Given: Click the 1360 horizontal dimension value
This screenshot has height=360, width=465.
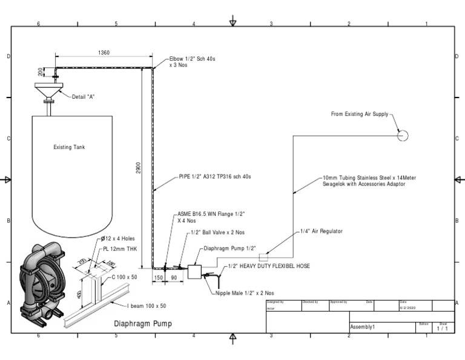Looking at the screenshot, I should pyautogui.click(x=104, y=53).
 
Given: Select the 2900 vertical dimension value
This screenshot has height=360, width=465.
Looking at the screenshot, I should pyautogui.click(x=138, y=167).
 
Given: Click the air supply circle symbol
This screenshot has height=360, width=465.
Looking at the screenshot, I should pyautogui.click(x=403, y=136).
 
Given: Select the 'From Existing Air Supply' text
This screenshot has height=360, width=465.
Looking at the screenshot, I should pyautogui.click(x=359, y=114).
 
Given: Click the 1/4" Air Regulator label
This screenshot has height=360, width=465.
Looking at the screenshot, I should pyautogui.click(x=322, y=232).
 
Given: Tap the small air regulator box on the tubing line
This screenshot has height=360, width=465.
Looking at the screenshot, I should pyautogui.click(x=263, y=257).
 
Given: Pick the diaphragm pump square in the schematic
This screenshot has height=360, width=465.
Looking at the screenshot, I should pyautogui.click(x=195, y=272).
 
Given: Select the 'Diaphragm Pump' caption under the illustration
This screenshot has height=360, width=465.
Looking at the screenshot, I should pyautogui.click(x=143, y=324).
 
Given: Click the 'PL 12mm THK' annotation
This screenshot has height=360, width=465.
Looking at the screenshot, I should pyautogui.click(x=120, y=249).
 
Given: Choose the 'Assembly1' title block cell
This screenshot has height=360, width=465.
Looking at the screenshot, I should pyautogui.click(x=363, y=327).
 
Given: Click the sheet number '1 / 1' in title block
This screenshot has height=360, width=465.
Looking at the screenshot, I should pyautogui.click(x=443, y=328).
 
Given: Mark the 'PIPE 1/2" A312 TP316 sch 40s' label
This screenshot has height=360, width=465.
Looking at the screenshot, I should pyautogui.click(x=214, y=177).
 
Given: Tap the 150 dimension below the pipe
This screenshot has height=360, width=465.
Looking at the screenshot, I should pyautogui.click(x=158, y=277).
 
